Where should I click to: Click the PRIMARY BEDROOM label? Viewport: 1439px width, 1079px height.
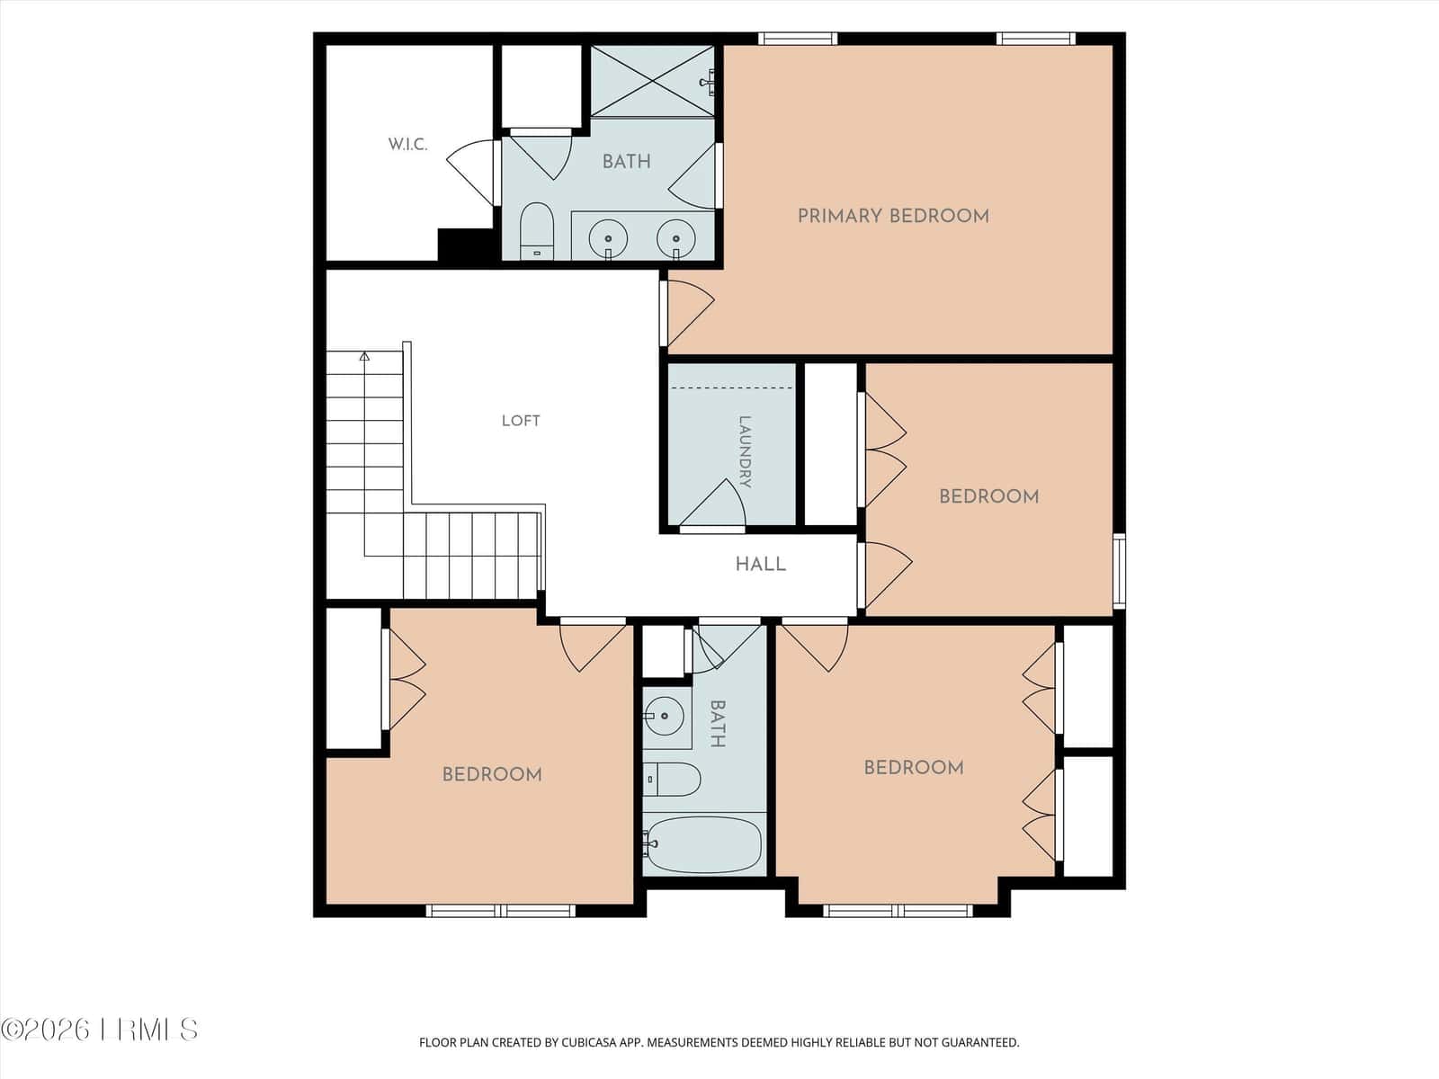(x=893, y=216)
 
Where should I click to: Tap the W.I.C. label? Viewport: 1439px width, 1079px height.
(x=407, y=144)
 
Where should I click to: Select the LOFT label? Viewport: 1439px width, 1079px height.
(x=521, y=421)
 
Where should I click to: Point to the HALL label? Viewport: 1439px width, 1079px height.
(x=761, y=564)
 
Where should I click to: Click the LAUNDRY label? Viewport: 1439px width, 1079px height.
(x=745, y=452)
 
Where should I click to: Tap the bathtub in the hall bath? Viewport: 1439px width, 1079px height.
(x=702, y=844)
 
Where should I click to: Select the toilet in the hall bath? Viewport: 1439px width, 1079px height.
(x=671, y=779)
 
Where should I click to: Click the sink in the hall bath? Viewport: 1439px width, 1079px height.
(x=664, y=716)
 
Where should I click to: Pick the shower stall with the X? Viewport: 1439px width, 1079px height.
(x=652, y=81)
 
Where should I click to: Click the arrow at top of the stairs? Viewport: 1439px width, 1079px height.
(x=364, y=356)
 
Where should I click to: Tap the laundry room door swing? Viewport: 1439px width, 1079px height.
(x=713, y=504)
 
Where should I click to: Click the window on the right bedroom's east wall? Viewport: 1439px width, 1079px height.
(x=1120, y=571)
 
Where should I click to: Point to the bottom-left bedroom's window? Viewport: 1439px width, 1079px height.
(x=501, y=911)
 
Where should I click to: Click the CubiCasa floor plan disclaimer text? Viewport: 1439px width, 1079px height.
(x=719, y=1042)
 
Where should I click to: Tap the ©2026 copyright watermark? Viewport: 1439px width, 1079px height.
(x=98, y=1030)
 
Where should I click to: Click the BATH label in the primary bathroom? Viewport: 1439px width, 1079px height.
(x=627, y=162)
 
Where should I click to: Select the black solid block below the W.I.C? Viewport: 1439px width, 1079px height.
(x=466, y=245)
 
